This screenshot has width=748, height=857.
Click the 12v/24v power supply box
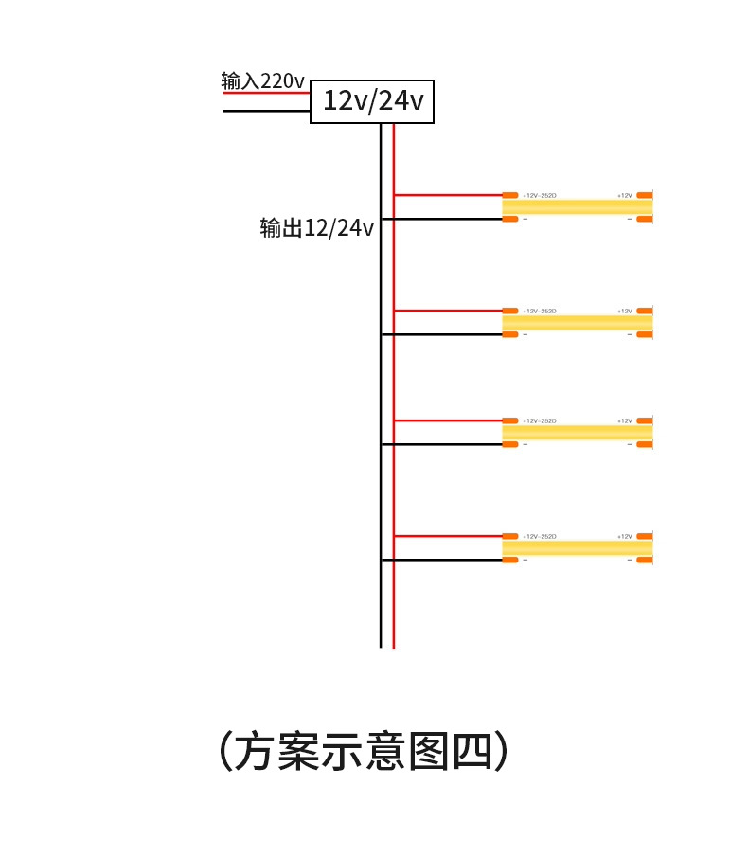(x=372, y=101)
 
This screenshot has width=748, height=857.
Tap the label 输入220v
(x=263, y=81)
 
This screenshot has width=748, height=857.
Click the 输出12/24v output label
(x=316, y=228)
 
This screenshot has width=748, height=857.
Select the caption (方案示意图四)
(x=364, y=751)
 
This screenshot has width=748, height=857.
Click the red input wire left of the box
(x=266, y=93)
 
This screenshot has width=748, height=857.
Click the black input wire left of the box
(x=266, y=112)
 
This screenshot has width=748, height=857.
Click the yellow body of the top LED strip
(x=577, y=206)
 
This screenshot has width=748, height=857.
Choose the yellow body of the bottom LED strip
(x=577, y=547)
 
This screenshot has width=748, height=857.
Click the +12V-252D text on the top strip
(x=540, y=196)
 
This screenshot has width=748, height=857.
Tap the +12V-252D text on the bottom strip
(x=540, y=537)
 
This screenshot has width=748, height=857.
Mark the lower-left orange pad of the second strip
(x=510, y=334)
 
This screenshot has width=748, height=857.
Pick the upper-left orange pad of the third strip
(x=510, y=420)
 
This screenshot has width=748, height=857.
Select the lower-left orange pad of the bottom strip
(x=510, y=560)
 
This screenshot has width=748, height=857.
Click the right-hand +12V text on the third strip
(x=625, y=421)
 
